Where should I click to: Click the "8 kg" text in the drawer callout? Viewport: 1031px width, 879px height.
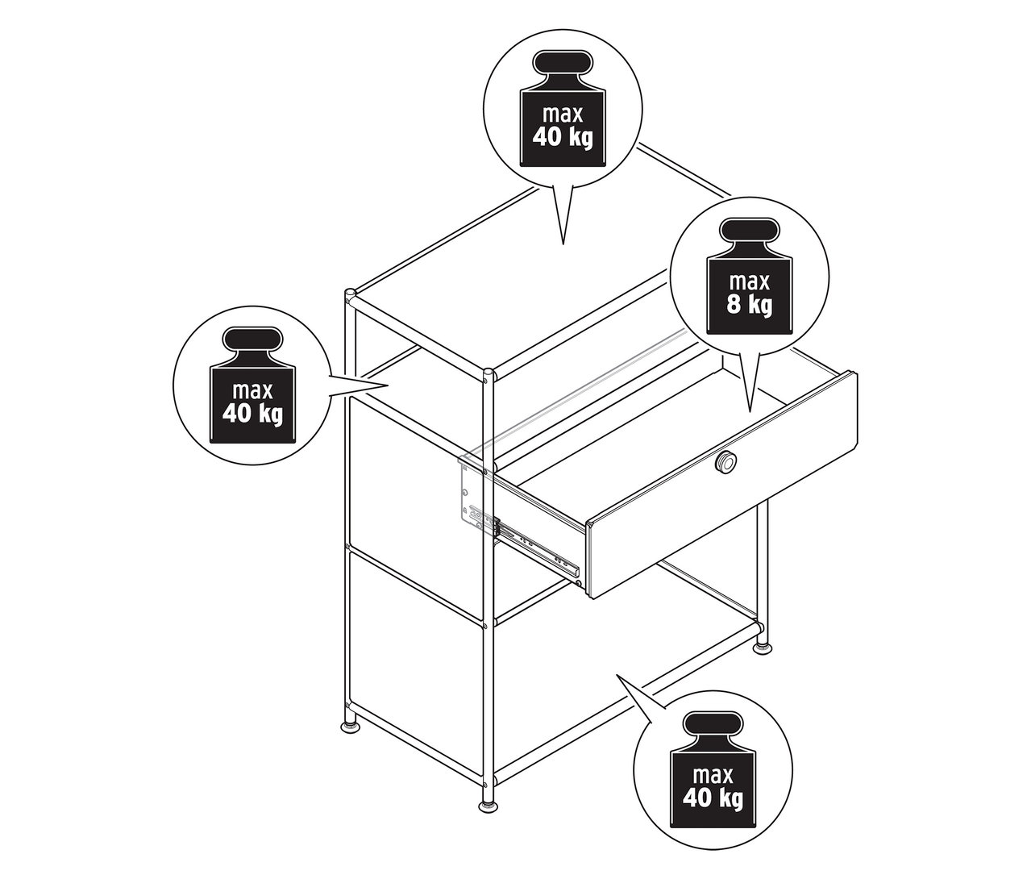click(x=750, y=306)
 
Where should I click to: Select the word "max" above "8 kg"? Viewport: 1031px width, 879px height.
click(x=750, y=282)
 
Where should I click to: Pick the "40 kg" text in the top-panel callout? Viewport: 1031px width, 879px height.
click(x=563, y=135)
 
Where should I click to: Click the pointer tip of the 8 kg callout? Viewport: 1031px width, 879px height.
click(x=750, y=412)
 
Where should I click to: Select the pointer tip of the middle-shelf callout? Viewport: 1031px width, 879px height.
click(x=391, y=386)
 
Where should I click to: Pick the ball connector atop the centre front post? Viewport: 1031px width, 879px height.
click(x=488, y=373)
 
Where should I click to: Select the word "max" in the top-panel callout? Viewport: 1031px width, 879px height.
click(x=562, y=112)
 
